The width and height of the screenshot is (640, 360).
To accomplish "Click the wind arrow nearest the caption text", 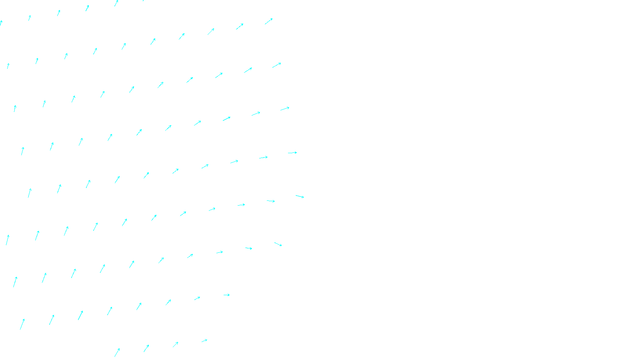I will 204,341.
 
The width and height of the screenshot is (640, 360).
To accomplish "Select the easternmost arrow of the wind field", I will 300,196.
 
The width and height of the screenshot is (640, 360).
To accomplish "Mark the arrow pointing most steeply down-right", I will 278,244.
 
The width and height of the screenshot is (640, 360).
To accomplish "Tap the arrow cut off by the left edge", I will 1,23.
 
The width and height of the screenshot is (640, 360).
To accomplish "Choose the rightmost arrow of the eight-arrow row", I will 226,295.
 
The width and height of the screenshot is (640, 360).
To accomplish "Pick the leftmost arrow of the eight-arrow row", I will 22,324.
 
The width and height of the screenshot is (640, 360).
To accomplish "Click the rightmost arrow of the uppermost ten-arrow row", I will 268,21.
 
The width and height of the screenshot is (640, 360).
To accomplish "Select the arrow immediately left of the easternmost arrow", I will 271,201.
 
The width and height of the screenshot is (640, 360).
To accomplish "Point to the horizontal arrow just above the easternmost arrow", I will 292,153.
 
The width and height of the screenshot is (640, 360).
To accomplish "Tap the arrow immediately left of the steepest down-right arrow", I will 248,248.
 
